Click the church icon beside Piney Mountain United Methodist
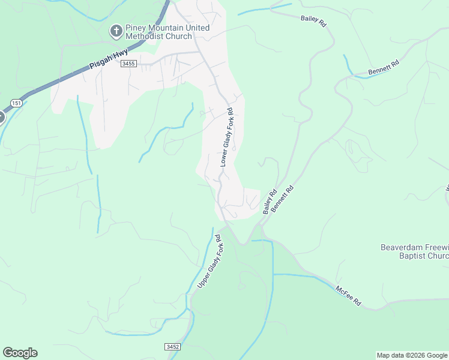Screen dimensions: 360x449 point(116,31)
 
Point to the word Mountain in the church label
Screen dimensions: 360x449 point(165,28)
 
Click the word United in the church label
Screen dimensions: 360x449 point(197,28)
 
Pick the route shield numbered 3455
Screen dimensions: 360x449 point(128,63)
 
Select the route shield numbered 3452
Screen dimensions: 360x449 point(172,347)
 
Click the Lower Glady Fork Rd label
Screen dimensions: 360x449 point(226,137)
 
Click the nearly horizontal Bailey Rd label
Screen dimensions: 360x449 point(313,22)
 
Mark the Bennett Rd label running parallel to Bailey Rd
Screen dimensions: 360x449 point(282,197)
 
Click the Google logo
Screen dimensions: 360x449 point(20,353)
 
